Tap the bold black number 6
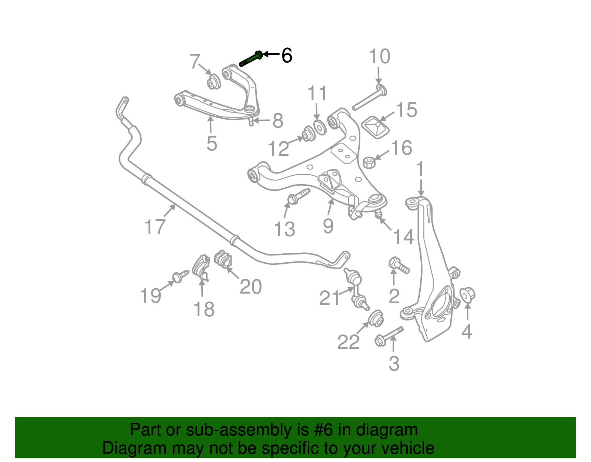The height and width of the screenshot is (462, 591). (287, 55)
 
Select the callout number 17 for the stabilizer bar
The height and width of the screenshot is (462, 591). (155, 226)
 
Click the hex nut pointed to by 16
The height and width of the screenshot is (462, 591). (369, 162)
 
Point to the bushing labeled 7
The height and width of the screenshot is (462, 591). (213, 82)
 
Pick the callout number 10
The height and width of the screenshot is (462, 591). (379, 57)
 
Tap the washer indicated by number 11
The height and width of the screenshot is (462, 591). (319, 127)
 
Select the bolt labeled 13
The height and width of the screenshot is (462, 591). (298, 196)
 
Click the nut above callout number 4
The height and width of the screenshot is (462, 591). (467, 294)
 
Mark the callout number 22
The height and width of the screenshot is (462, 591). (348, 342)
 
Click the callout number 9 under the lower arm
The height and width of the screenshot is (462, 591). (328, 225)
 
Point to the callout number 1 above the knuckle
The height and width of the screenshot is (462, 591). (420, 169)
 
